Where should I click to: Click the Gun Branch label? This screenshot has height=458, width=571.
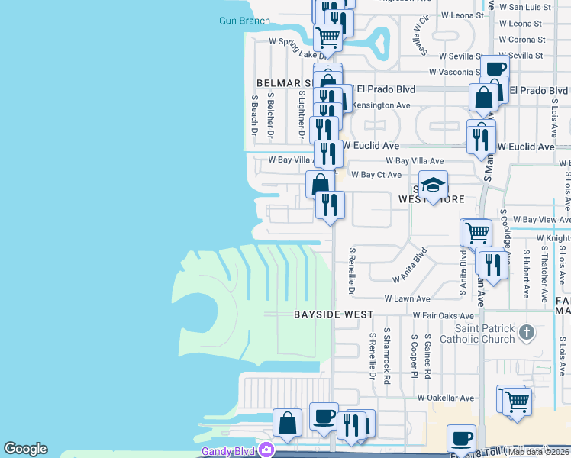(244, 21)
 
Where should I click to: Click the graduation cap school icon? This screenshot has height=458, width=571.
(432, 185)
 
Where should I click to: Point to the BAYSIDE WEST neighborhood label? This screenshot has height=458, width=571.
(334, 314)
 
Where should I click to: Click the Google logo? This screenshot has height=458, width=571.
(25, 449)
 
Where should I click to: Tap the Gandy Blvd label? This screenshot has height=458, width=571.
(227, 450)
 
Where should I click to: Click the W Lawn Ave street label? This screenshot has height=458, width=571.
(408, 299)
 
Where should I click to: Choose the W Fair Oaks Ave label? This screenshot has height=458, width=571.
(444, 315)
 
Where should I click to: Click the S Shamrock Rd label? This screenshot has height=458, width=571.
(388, 356)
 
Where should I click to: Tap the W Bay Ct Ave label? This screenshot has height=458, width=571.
(376, 175)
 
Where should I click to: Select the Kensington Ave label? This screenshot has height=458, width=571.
(383, 105)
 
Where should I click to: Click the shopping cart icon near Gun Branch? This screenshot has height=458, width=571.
(327, 36)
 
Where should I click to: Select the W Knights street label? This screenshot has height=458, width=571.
(553, 237)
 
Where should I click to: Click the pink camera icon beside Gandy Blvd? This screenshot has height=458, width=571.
(266, 450)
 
